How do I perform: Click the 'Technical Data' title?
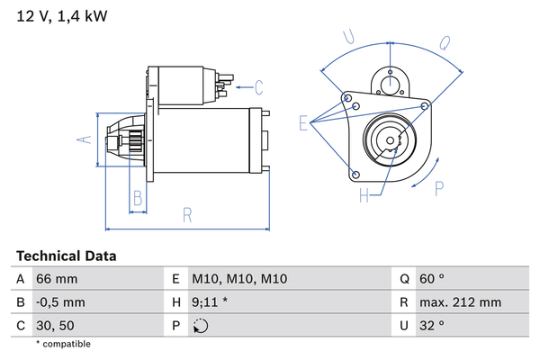66,256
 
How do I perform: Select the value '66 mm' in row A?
55,280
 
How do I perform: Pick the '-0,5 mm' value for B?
59,303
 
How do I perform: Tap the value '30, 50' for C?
56,326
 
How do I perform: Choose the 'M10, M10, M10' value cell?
239,280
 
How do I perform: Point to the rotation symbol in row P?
201,327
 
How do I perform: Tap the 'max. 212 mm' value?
463,303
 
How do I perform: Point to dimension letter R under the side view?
188,215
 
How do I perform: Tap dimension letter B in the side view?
137,198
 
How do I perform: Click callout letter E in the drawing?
303,123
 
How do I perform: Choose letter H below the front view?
364,194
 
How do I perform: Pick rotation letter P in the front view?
438,188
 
